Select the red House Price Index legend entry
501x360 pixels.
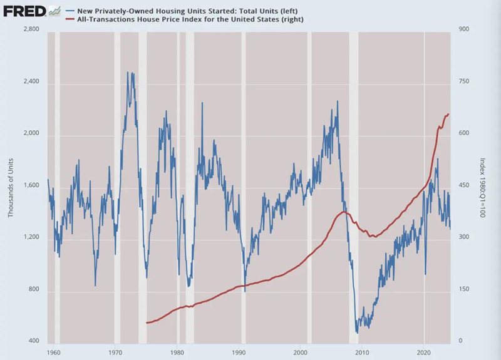coord(188,19)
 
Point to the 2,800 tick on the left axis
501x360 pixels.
coord(31,30)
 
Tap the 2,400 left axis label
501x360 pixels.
coord(31,83)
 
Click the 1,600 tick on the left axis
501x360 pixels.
coord(31,186)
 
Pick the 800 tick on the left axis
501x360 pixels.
coord(32,291)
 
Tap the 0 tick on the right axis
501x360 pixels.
coord(462,342)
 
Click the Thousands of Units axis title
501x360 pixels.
coord(11,186)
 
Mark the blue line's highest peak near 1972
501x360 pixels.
coord(128,73)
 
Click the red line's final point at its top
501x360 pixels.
coord(449,114)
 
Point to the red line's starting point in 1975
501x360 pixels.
coord(147,323)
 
